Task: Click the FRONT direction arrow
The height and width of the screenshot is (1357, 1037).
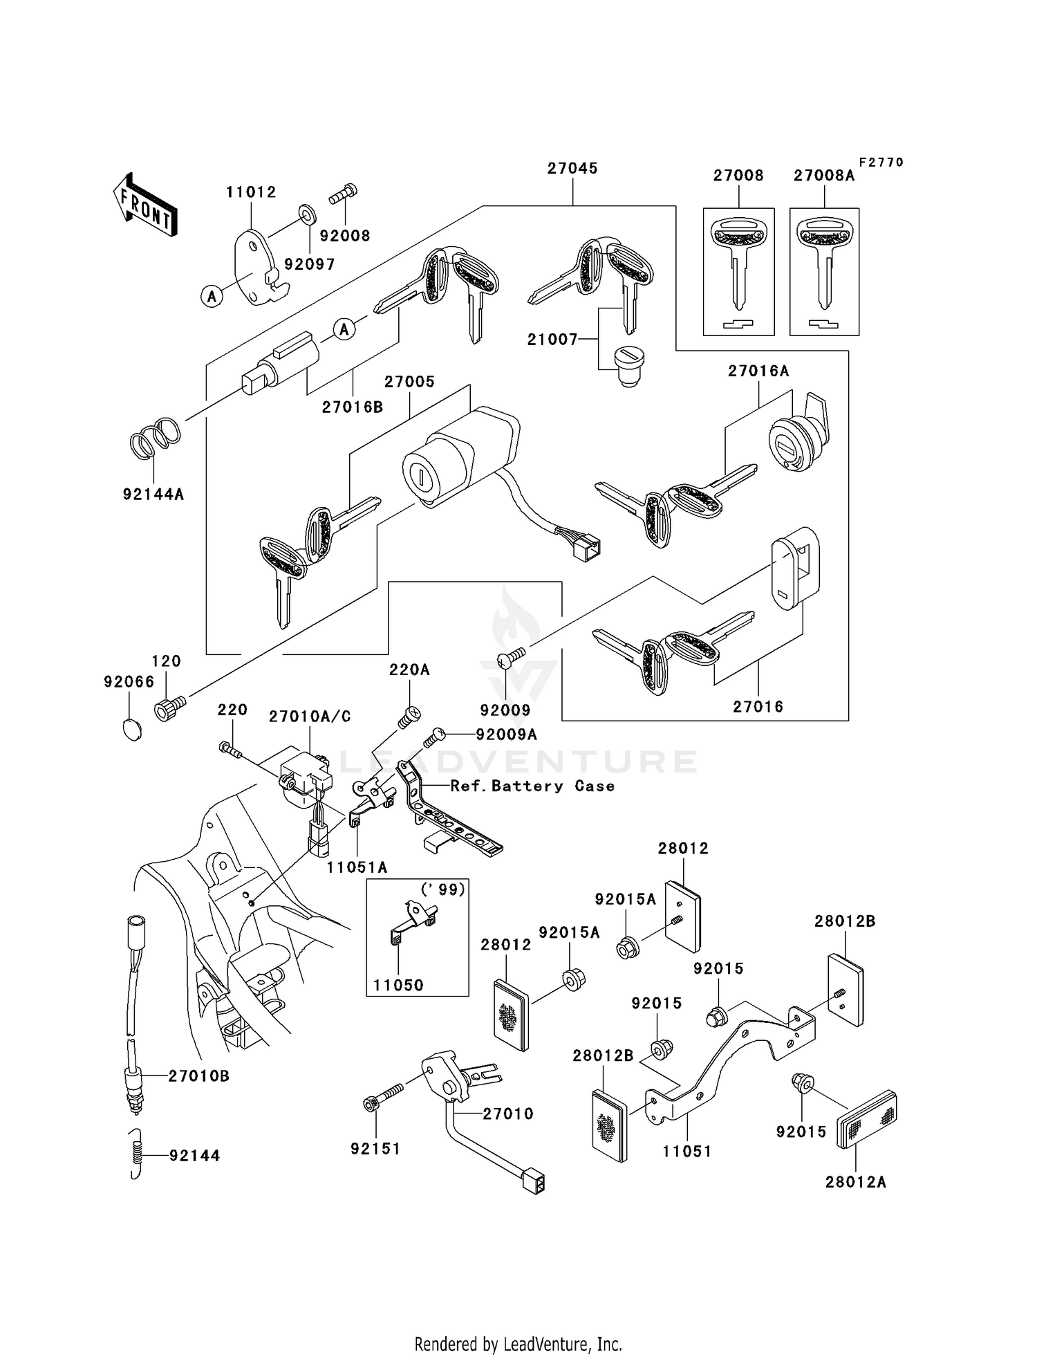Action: pyautogui.click(x=146, y=205)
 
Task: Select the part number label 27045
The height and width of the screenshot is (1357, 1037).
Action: pyautogui.click(x=572, y=168)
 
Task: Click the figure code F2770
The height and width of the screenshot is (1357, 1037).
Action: pyautogui.click(x=881, y=163)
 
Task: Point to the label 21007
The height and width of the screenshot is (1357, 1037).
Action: pyautogui.click(x=552, y=339)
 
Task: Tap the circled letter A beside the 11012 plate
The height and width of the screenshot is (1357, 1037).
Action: pyautogui.click(x=212, y=297)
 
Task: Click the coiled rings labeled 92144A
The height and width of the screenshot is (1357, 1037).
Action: pyautogui.click(x=156, y=439)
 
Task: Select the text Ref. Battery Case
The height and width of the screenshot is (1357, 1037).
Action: pyautogui.click(x=532, y=786)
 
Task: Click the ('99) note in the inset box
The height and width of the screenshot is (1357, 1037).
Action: pyautogui.click(x=443, y=889)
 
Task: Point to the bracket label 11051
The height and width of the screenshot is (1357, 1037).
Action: pyautogui.click(x=686, y=1151)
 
